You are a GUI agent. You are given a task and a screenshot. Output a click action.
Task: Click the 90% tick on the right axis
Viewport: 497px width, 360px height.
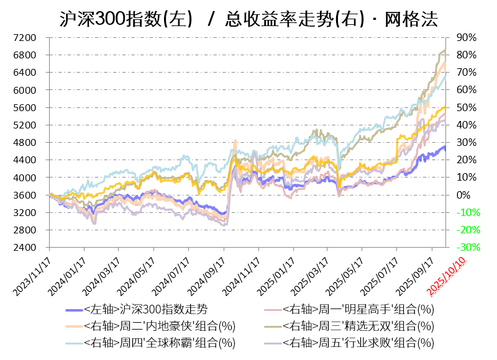(x=466, y=38)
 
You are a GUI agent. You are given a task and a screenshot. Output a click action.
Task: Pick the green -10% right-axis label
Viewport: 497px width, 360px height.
(x=467, y=213)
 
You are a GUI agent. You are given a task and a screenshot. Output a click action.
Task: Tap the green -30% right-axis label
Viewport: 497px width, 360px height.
(x=467, y=248)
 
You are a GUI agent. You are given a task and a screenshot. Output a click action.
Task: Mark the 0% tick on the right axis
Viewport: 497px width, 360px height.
(x=463, y=195)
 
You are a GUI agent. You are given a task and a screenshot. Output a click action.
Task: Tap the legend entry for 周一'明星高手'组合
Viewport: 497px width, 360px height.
(x=358, y=309)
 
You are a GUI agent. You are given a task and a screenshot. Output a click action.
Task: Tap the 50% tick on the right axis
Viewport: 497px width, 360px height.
(x=466, y=108)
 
